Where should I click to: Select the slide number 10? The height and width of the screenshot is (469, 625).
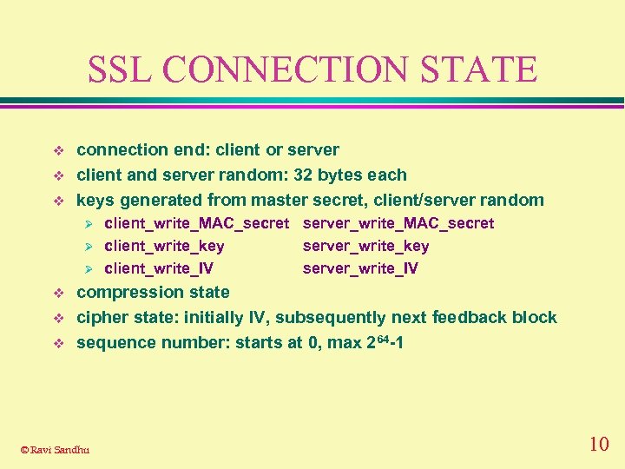point(598,445)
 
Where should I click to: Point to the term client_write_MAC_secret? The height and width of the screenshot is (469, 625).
point(196,223)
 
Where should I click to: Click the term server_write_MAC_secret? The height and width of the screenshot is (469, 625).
point(398,223)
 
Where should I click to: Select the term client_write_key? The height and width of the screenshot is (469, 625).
point(164,246)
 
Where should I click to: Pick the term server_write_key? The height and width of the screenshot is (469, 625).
point(365,246)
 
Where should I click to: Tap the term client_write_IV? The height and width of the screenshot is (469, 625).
point(159,268)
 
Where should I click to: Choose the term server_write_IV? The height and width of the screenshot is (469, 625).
point(360,268)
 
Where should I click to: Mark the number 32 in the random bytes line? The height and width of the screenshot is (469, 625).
point(304,175)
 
